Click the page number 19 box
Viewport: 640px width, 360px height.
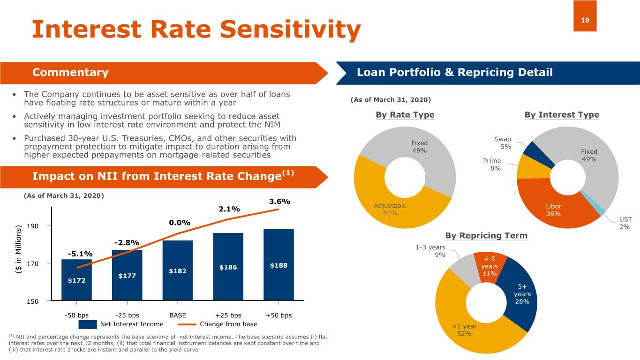coord(585,16)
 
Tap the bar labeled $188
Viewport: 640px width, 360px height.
coord(279,265)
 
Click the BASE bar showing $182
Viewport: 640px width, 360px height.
coord(178,270)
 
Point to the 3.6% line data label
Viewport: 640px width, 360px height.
coord(279,202)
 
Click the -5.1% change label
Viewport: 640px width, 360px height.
coord(80,254)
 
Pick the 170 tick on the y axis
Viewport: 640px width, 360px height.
coord(32,263)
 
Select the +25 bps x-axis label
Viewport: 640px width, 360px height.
coord(228,315)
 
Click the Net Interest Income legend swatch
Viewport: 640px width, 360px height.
coord(88,324)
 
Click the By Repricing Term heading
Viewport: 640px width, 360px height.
coord(486,235)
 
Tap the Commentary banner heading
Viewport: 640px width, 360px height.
coord(70,73)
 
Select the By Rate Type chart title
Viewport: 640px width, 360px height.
coord(405,115)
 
